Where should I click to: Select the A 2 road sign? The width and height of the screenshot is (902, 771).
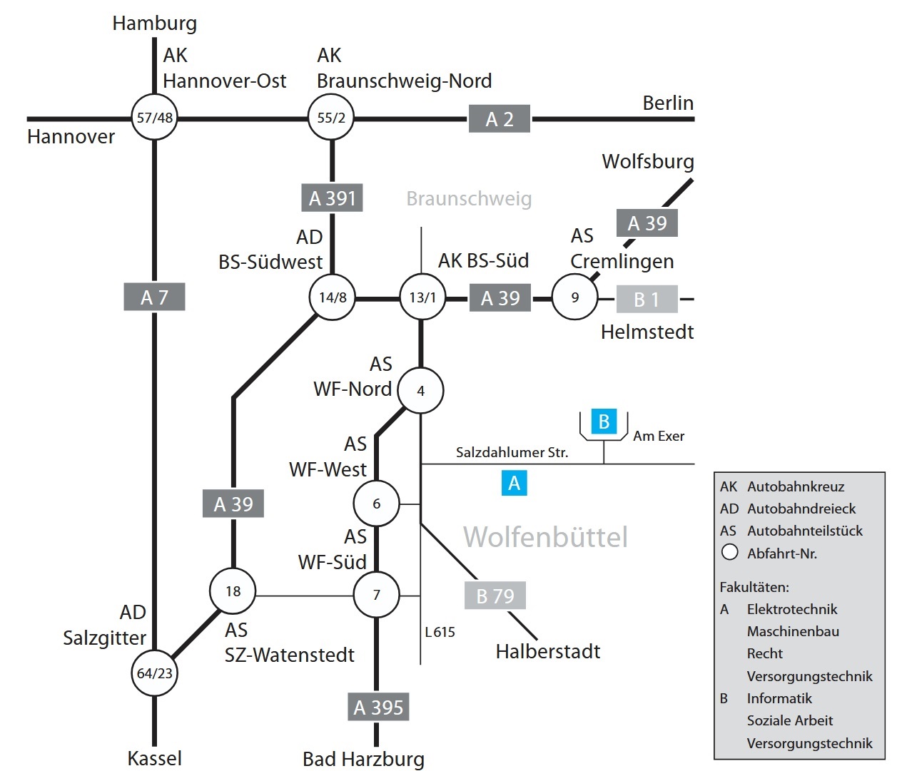500,118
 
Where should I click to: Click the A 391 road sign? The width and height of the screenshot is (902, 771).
332,198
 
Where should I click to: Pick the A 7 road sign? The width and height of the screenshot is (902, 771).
154,297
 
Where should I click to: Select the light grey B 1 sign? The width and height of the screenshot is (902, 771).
647,299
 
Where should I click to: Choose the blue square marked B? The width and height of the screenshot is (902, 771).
604,422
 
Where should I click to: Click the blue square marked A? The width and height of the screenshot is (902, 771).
514,483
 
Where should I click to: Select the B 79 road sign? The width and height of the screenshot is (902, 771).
495,596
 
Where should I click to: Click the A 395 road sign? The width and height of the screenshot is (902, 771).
378,707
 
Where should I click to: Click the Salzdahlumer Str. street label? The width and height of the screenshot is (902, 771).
512,452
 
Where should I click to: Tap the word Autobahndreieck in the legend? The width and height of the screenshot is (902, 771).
801,509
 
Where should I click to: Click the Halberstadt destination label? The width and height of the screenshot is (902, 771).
548,651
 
